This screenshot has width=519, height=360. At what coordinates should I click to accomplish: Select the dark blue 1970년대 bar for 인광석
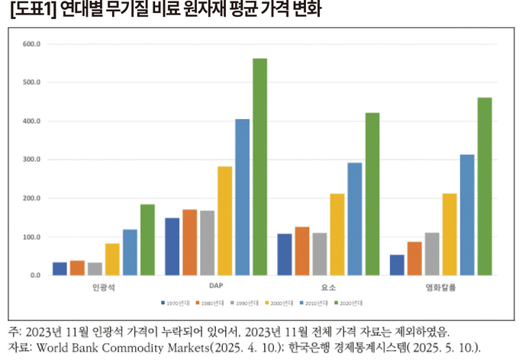pos(60,268)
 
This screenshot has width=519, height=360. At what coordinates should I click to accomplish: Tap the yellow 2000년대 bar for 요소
pos(337,234)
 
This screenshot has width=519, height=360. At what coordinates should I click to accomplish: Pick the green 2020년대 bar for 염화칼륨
pos(484,186)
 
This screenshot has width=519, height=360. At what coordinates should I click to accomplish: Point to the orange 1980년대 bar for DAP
pos(189,242)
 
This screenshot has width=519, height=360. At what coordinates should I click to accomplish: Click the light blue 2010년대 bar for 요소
pos(355,218)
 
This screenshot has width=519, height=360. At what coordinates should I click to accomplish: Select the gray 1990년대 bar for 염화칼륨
pos(432,253)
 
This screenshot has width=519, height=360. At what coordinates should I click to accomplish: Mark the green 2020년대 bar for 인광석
pos(147,239)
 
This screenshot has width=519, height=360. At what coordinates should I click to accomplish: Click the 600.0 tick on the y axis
pos(32,44)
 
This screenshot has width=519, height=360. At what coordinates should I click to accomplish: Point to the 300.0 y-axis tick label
pos(32,160)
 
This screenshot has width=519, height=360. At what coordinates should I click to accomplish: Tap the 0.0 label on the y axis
pos(36,275)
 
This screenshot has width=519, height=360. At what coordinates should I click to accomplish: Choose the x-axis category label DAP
pos(215,288)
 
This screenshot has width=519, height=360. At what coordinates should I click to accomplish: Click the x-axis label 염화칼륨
pos(440,288)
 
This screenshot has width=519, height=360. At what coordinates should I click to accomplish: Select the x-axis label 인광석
pos(103,288)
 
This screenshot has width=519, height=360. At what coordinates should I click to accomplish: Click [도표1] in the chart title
pos(27,11)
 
